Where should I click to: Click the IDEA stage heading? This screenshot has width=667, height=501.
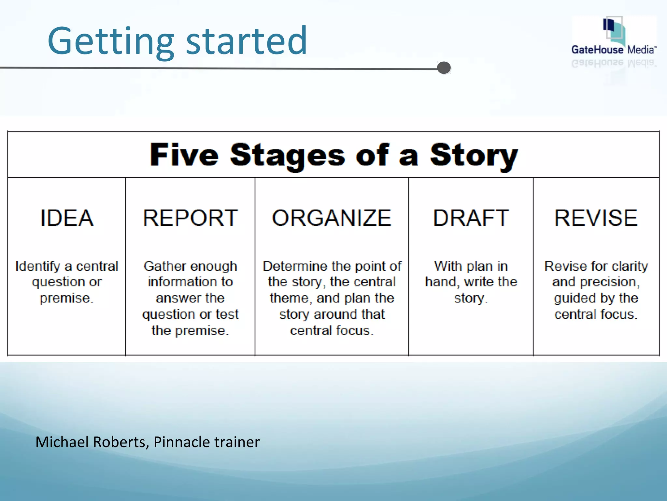click(67, 218)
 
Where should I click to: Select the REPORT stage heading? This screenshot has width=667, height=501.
click(190, 218)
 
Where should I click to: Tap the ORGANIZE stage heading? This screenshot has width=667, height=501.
click(332, 218)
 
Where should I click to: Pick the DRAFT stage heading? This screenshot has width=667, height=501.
click(471, 218)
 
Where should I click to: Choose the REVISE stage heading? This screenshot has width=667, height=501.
click(596, 218)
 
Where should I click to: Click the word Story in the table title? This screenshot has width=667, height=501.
click(474, 155)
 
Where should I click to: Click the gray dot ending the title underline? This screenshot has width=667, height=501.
click(444, 68)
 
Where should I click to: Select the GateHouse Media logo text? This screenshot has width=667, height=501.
click(614, 50)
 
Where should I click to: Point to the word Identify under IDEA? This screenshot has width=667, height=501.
click(38, 266)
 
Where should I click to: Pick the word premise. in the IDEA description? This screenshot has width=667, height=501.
click(67, 298)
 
